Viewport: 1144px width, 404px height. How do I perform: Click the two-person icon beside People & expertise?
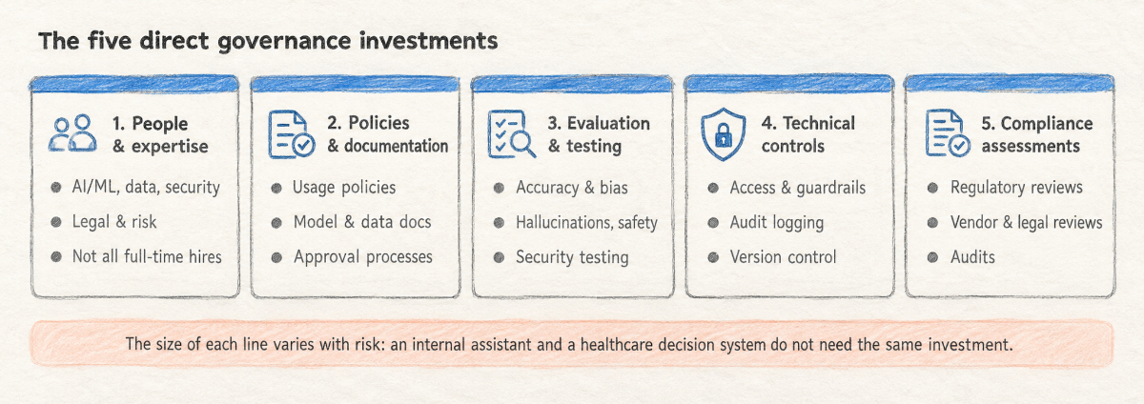72,133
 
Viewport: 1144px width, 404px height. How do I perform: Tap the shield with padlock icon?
723,134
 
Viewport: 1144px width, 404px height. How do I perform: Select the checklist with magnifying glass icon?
511,133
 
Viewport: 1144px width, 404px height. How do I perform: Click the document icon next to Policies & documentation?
292,134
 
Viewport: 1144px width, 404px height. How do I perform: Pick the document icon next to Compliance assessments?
948,133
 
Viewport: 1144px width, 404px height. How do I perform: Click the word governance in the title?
284,41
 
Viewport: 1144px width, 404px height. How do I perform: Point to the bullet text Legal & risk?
114,222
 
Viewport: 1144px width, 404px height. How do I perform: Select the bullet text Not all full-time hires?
147,256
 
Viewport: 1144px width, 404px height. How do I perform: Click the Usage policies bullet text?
344,188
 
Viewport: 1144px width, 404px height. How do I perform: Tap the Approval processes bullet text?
363,256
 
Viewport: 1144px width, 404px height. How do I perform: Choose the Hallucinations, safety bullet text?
587,223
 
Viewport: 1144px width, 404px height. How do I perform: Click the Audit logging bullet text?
777,223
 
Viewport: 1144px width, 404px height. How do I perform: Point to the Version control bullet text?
783,256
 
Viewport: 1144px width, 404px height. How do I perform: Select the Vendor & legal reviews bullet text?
1027,223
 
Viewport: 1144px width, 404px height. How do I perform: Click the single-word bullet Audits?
972,257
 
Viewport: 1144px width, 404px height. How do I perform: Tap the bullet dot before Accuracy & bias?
499,188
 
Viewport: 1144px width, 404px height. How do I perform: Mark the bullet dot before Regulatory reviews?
932,188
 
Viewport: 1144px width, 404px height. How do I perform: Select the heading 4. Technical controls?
808,134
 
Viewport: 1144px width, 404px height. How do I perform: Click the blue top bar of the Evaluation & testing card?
573,83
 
